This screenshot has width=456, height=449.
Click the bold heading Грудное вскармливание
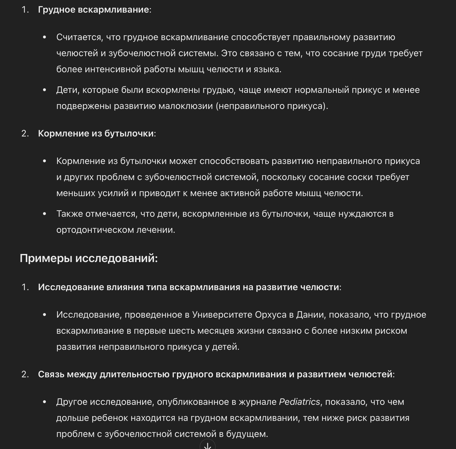pos(93,10)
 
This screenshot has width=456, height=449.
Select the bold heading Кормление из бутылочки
pos(96,134)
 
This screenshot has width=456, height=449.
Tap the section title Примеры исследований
pos(89,258)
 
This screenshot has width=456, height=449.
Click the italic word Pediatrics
pos(299,402)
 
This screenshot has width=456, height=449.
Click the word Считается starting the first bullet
pos(79,37)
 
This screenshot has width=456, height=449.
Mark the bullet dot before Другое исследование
pos(44,402)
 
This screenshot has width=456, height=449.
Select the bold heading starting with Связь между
pos(215,374)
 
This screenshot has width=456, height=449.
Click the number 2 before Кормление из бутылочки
pos(25,134)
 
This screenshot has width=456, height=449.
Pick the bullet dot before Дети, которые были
pos(44,90)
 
